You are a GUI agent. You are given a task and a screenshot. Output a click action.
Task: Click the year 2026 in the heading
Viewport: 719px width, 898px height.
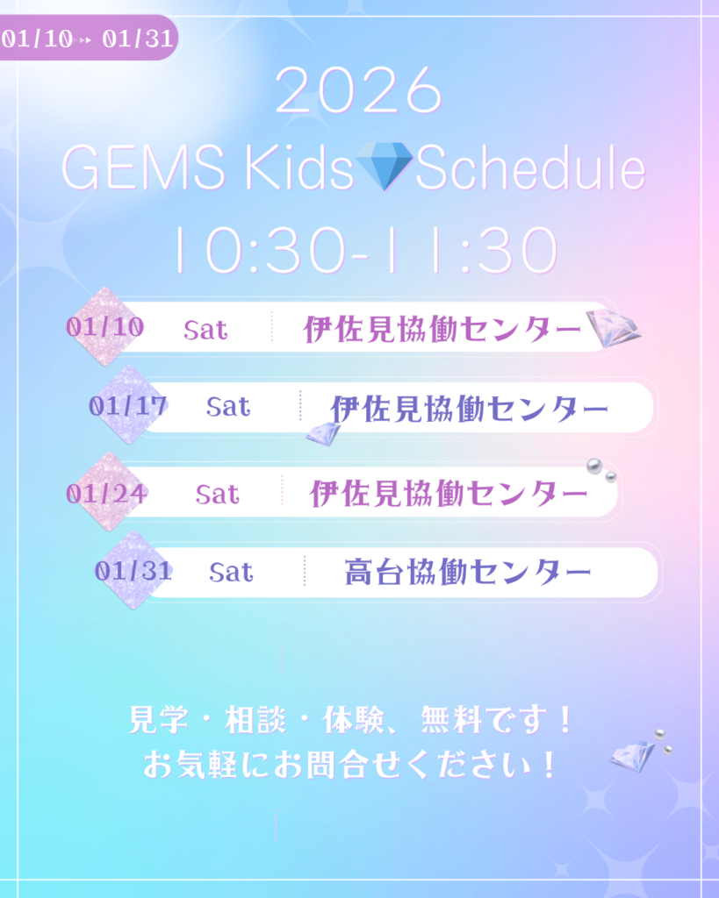point(359,90)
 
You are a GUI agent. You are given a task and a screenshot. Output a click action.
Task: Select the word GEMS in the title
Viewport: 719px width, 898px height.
point(143,167)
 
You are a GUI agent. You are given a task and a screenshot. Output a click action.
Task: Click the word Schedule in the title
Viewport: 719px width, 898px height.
point(530,167)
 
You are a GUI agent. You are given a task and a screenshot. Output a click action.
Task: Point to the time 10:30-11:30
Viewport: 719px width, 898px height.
point(366,250)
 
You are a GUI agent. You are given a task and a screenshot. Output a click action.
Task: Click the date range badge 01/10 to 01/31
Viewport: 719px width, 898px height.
point(87,39)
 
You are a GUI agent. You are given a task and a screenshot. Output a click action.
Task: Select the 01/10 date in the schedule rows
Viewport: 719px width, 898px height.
point(105,327)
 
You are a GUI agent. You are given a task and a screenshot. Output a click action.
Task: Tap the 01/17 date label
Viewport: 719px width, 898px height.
point(128,406)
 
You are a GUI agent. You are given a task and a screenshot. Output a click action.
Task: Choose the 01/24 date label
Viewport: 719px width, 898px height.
point(106,493)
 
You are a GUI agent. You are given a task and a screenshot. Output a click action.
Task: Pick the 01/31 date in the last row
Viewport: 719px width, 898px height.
point(133,570)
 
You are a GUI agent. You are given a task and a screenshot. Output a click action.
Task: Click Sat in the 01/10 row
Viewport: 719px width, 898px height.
point(205,330)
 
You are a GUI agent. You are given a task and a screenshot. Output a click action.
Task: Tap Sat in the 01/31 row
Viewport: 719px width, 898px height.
point(231,572)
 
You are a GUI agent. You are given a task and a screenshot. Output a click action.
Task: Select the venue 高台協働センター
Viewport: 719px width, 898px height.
point(468,572)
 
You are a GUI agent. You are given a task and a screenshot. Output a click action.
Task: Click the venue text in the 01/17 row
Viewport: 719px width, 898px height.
point(469,409)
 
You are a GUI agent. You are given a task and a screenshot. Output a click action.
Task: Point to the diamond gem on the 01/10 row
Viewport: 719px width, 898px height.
point(613,328)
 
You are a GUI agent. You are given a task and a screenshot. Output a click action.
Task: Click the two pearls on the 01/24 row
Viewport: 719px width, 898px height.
point(601,470)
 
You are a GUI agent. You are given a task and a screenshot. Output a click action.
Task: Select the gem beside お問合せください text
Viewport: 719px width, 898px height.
point(632,756)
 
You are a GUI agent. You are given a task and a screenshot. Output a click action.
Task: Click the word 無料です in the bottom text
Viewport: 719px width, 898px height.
point(497,719)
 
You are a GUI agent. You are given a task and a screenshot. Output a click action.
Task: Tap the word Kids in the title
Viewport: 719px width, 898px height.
point(299,167)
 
